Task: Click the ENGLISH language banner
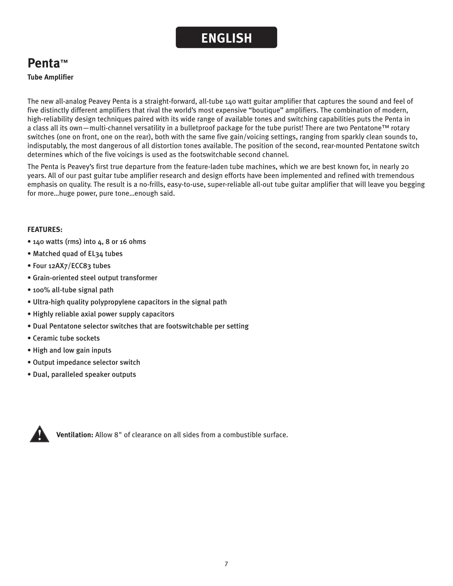pyautogui.click(x=226, y=38)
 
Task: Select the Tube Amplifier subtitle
pyautogui.click(x=50, y=77)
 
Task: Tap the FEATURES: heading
pyautogui.click(x=45, y=229)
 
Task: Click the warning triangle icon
pyautogui.click(x=39, y=434)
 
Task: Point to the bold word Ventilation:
pyautogui.click(x=75, y=435)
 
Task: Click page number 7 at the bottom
pyautogui.click(x=226, y=564)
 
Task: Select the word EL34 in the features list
pyautogui.click(x=95, y=254)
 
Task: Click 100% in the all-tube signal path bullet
pyautogui.click(x=41, y=290)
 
